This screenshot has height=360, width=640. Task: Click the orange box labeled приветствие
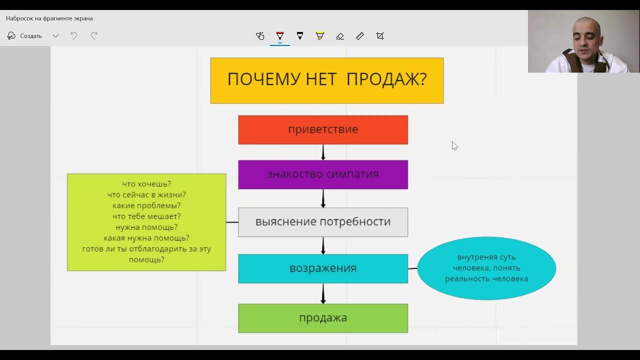click(323, 129)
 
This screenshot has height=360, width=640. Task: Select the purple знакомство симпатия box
click(323, 174)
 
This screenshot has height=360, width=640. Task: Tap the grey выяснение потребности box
click(323, 222)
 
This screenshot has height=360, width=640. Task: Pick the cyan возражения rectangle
click(323, 268)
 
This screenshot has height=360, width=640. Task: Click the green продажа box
click(323, 318)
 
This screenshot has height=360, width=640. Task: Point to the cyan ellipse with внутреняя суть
click(486, 268)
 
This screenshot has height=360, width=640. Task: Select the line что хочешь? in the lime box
click(146, 184)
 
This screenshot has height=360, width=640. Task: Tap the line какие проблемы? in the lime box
click(146, 205)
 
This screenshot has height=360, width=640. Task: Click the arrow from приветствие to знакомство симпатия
click(323, 152)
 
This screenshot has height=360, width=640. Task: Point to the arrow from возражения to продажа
click(323, 294)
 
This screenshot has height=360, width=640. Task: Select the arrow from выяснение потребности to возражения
click(323, 245)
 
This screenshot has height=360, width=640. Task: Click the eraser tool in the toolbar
click(340, 36)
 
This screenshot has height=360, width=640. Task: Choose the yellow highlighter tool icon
click(320, 36)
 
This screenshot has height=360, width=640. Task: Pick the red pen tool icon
click(280, 36)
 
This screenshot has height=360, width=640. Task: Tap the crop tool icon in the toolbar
click(380, 36)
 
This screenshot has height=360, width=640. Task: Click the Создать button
click(25, 36)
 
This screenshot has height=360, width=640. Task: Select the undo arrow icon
click(74, 36)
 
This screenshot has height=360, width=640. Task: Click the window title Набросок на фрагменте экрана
click(49, 18)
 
